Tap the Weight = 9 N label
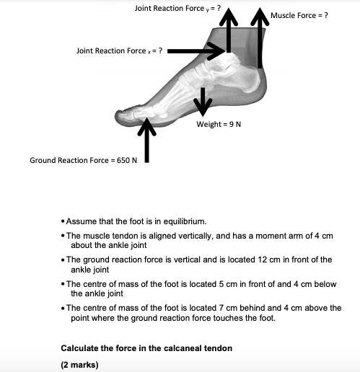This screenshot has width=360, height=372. point(219,124)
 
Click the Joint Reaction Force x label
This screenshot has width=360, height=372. point(119,50)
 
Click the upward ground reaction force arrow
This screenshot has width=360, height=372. point(146,141)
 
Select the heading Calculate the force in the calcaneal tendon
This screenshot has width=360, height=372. point(146,348)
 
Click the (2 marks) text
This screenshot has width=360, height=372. point(79,364)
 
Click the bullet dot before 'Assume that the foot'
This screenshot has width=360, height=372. point(63,221)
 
